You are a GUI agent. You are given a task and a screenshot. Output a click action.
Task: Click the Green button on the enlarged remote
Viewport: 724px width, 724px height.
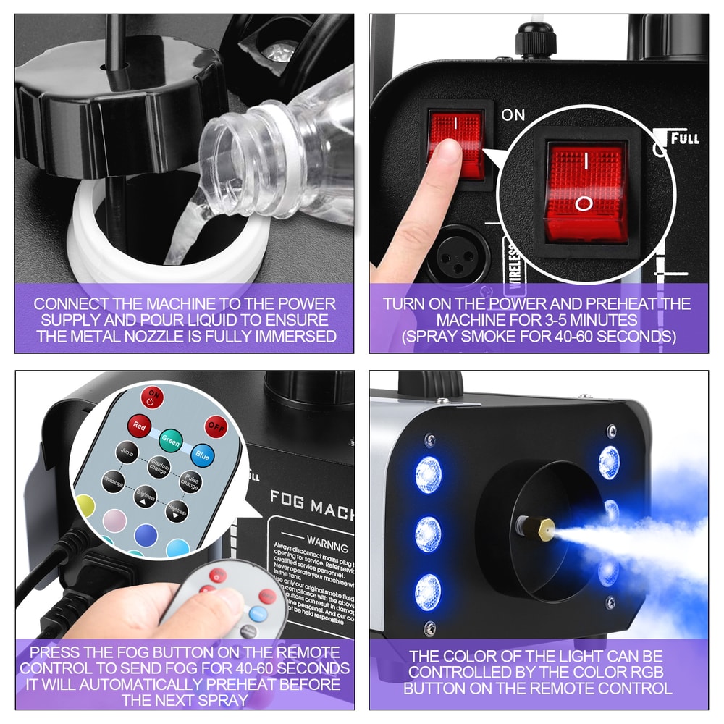point(170,439)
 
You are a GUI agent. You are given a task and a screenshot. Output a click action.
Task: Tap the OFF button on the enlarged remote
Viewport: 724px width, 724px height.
point(215,425)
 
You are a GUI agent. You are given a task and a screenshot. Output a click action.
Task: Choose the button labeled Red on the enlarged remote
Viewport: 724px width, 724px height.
point(139,426)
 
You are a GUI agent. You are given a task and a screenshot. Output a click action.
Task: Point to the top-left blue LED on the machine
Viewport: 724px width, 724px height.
point(428,474)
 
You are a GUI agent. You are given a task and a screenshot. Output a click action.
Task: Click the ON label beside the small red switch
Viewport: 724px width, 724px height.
point(513,115)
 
